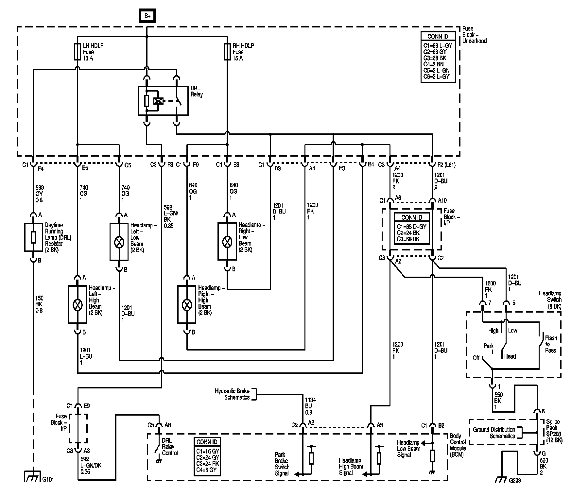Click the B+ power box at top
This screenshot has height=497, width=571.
pyautogui.click(x=147, y=16)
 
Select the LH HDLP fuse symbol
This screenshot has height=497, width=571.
pyautogui.click(x=78, y=52)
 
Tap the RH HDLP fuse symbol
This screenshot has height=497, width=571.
pyautogui.click(x=227, y=52)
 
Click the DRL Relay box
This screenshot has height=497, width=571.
pyautogui.click(x=163, y=101)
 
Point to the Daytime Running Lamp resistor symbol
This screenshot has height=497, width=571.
pyautogui.click(x=33, y=237)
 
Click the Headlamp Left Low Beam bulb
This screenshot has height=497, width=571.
pyautogui.click(x=119, y=242)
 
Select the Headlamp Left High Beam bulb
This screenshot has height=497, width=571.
pyautogui.click(x=78, y=304)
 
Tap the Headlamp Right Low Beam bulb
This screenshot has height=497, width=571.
pyautogui.click(x=227, y=242)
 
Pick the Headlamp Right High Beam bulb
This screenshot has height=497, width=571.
pyautogui.click(x=187, y=304)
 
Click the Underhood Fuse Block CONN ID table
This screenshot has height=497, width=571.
pyautogui.click(x=438, y=57)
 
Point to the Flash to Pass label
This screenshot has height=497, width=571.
pyautogui.click(x=551, y=344)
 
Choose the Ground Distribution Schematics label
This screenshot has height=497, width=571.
pyautogui.click(x=494, y=433)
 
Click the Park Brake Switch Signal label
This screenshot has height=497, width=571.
pyautogui.click(x=282, y=464)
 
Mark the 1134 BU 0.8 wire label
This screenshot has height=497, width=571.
pyautogui.click(x=310, y=406)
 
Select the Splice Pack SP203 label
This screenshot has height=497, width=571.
pyautogui.click(x=554, y=431)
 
